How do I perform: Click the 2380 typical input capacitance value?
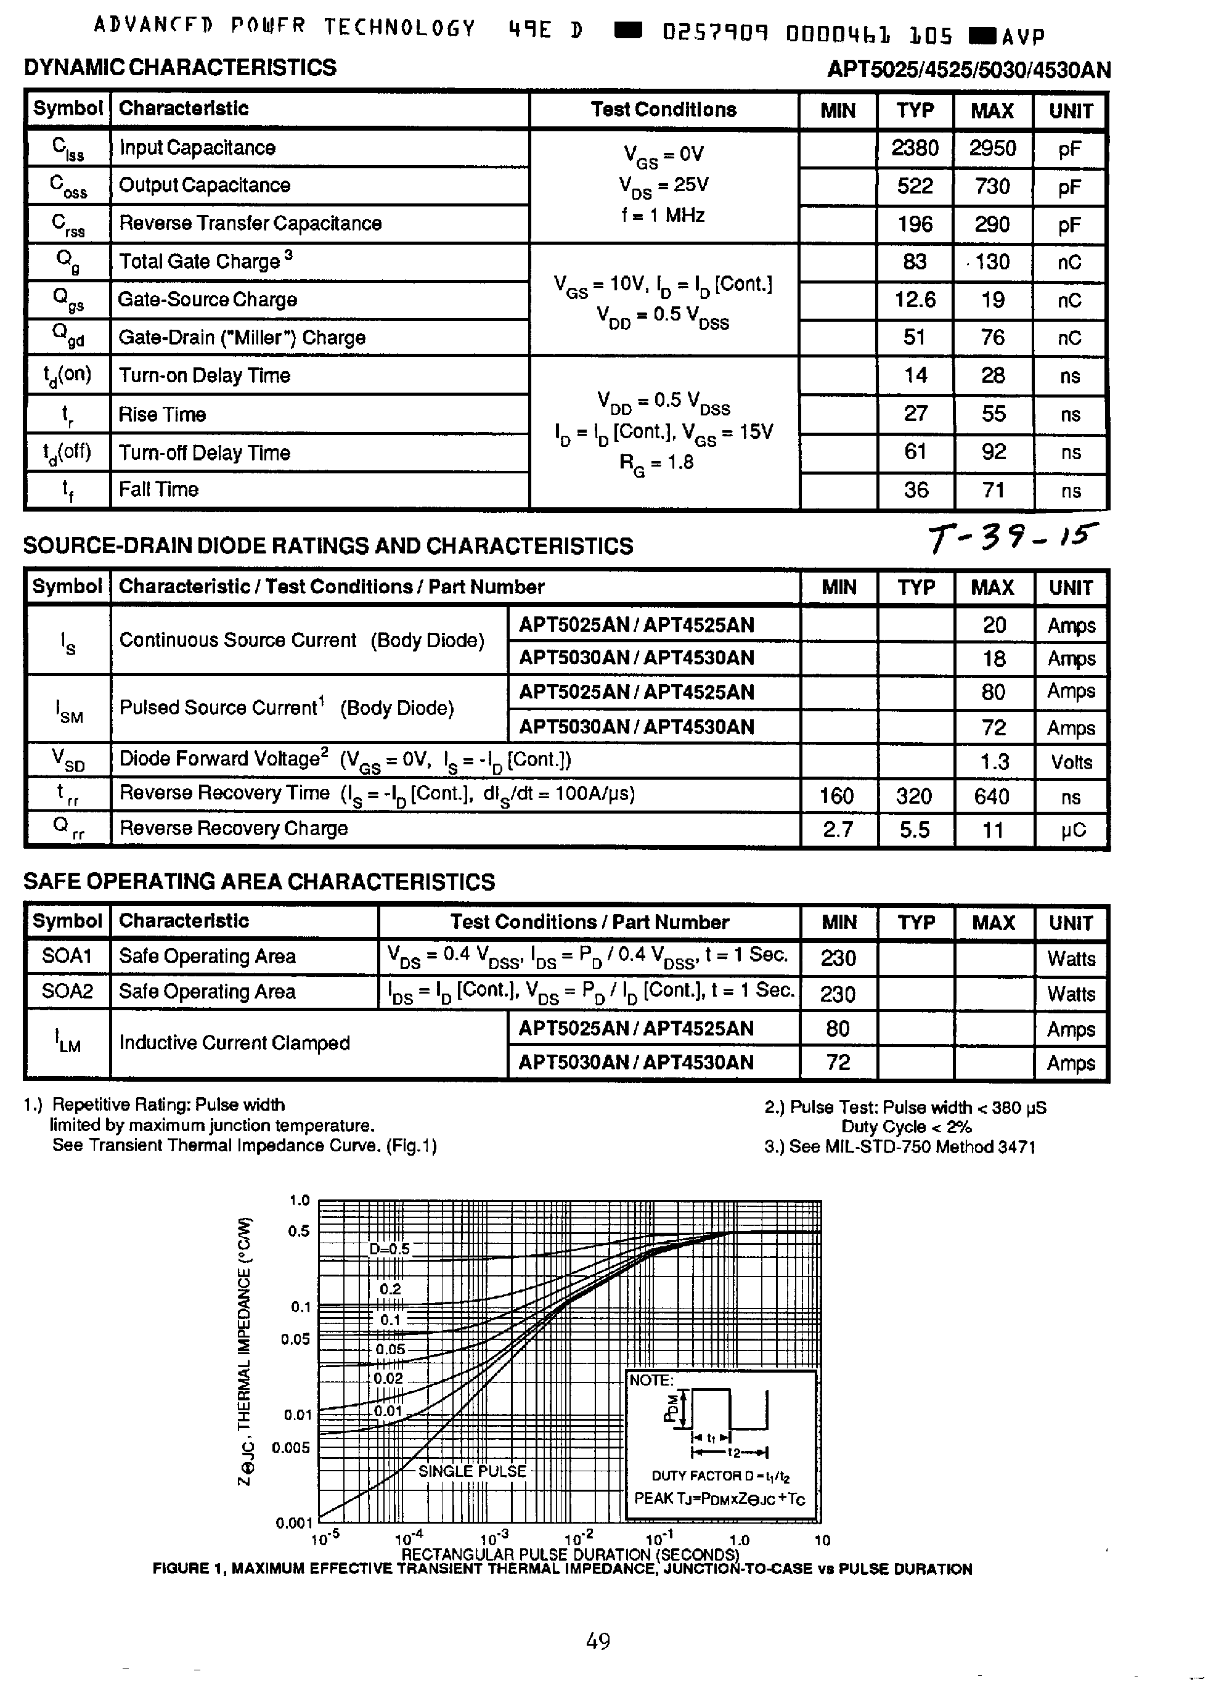[x=914, y=148]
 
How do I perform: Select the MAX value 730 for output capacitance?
[x=992, y=186]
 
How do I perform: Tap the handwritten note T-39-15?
[x=1013, y=537]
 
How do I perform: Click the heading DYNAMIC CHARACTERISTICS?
[x=180, y=67]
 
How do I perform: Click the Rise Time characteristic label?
[x=162, y=415]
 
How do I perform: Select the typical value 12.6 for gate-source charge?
[x=915, y=300]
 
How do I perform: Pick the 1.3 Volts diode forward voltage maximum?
[x=994, y=762]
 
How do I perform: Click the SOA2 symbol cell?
[x=67, y=992]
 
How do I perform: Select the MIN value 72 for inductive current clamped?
[x=838, y=1063]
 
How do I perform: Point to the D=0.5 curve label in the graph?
[x=390, y=1249]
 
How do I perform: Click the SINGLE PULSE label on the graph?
[x=472, y=1471]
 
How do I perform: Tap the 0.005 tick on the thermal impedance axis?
[x=291, y=1448]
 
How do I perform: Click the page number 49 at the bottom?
[x=598, y=1641]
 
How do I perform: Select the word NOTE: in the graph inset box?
[x=651, y=1381]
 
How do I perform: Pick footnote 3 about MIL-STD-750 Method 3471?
[x=899, y=1147]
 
